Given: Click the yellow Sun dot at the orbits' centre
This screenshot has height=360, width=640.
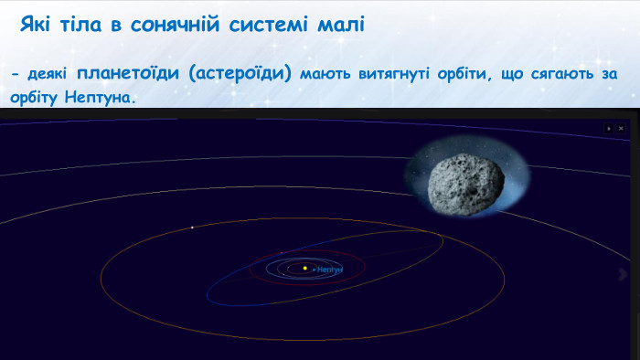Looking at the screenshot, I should (x=304, y=269).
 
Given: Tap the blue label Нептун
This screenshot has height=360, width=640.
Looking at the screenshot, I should (x=329, y=270).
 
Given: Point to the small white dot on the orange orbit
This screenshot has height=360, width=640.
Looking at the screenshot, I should (x=192, y=228).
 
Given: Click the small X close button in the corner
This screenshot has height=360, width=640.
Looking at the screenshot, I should (x=622, y=130).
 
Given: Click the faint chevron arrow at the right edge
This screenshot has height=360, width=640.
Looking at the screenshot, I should (x=625, y=273).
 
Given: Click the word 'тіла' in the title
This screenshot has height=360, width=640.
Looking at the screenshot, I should (x=78, y=25).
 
